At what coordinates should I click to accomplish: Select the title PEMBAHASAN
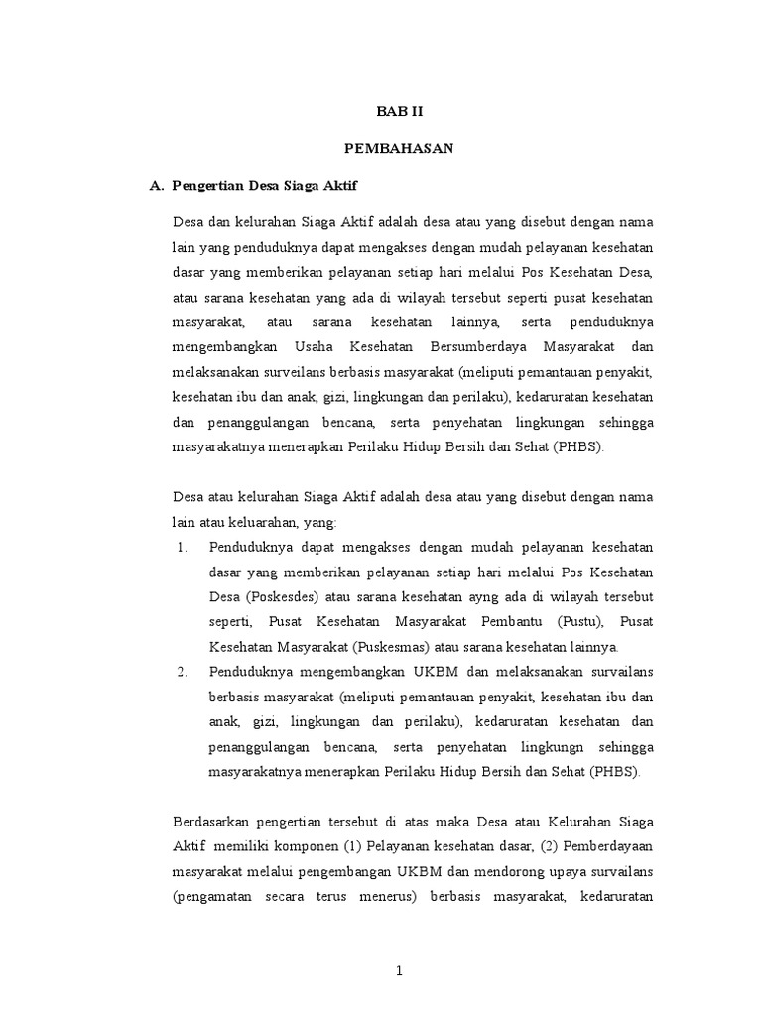point(399,148)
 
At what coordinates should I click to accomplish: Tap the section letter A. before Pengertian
point(155,185)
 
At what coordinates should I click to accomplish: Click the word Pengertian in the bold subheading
point(207,185)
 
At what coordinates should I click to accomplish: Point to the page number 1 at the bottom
point(399,971)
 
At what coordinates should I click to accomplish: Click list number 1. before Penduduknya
point(182,547)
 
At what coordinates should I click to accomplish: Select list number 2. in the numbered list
point(182,672)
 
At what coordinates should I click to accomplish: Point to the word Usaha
point(312,346)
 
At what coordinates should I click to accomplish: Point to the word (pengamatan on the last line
point(214,896)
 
